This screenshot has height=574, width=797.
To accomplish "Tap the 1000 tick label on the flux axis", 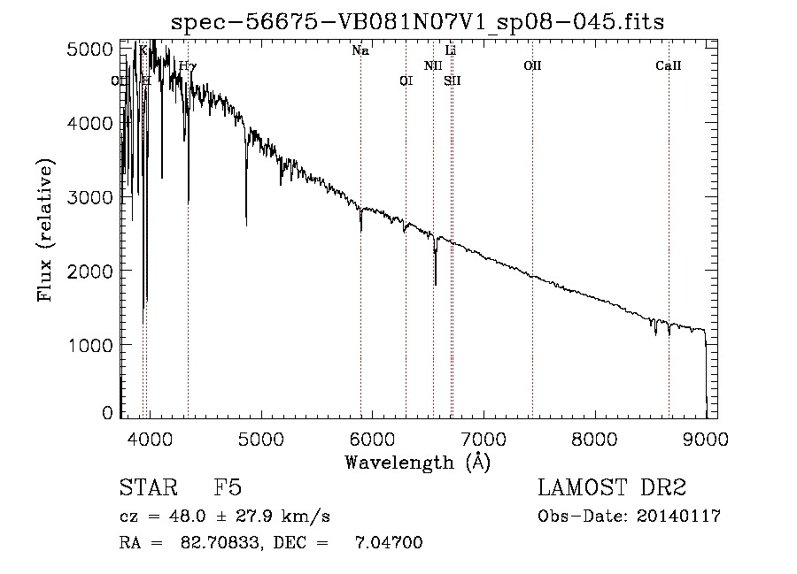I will (x=92, y=343).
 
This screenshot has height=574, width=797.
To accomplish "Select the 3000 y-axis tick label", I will (x=92, y=196).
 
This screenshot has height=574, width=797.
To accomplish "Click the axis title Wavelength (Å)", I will (x=417, y=462).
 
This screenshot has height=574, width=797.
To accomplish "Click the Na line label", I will (x=360, y=51).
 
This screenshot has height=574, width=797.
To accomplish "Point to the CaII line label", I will (x=669, y=66).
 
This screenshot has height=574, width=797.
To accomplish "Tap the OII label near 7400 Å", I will (x=532, y=66).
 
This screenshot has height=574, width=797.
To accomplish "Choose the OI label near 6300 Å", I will (x=406, y=81).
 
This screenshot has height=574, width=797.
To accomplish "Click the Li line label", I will (x=451, y=51).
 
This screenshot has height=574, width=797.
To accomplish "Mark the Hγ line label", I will (x=188, y=66).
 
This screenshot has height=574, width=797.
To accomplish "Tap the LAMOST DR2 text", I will (x=612, y=489).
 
